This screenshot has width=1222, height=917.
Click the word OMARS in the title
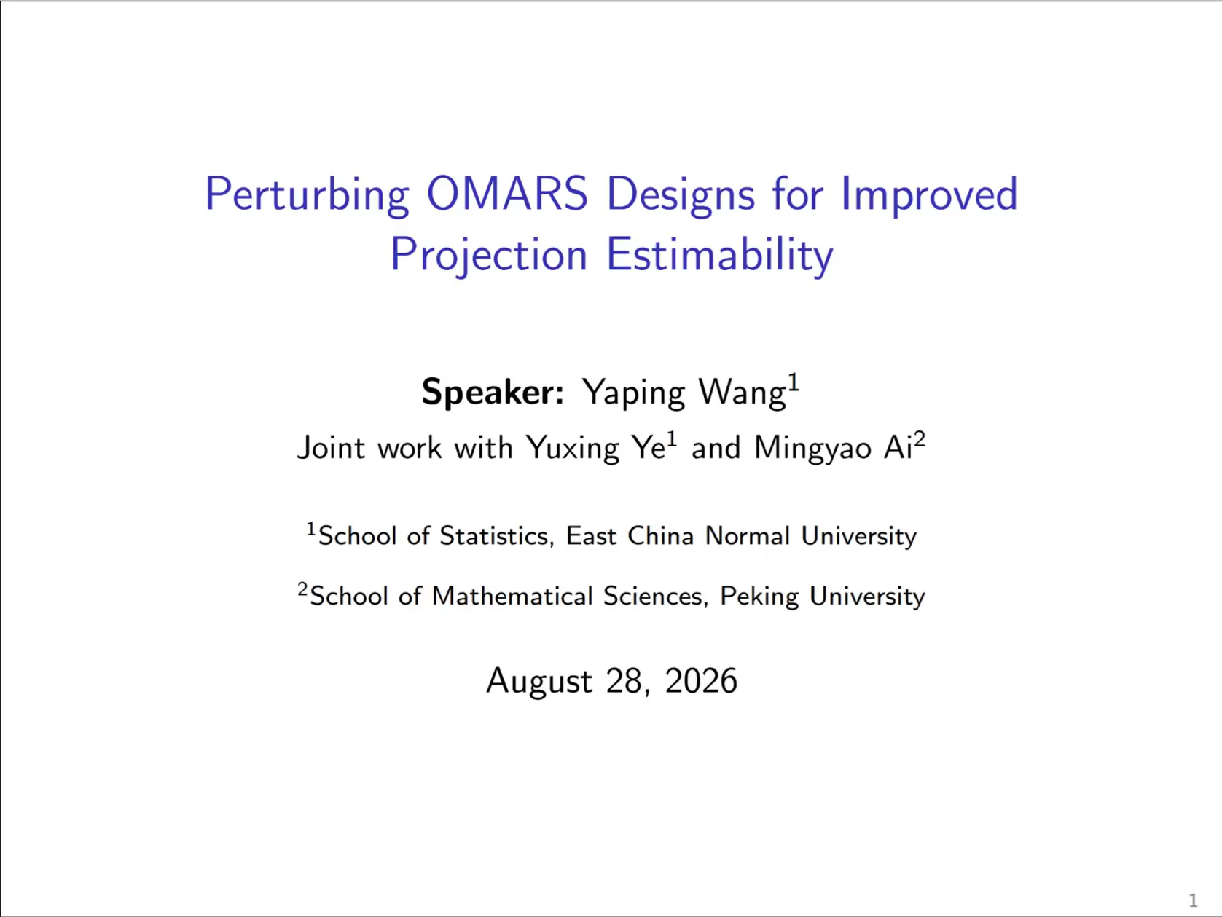(x=507, y=194)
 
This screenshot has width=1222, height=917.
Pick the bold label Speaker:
(x=493, y=393)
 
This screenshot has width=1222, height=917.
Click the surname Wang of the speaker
(x=742, y=393)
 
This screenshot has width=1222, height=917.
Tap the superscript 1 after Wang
(x=794, y=383)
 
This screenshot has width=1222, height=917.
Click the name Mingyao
(x=812, y=449)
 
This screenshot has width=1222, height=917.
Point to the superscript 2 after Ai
(x=919, y=440)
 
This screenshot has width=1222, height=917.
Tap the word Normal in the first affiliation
(x=748, y=536)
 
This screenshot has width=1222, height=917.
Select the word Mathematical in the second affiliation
(x=511, y=596)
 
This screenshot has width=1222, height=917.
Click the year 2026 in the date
(x=701, y=680)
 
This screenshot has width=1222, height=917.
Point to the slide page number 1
(x=1193, y=900)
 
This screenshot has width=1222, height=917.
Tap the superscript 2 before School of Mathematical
(x=302, y=589)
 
